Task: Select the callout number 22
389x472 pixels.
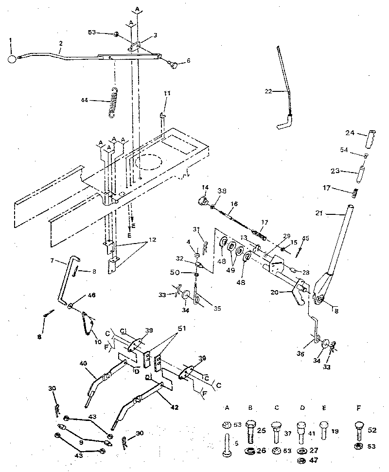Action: click(x=269, y=90)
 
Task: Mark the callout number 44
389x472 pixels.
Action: click(x=85, y=101)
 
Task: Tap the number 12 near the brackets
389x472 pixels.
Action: click(x=152, y=240)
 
